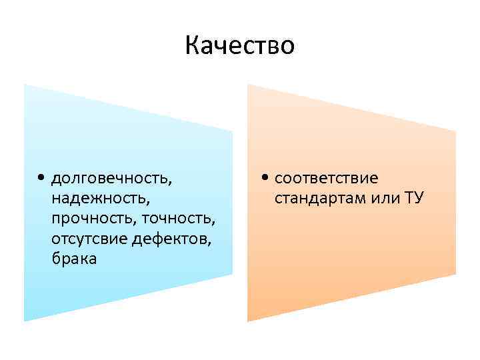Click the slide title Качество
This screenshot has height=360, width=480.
[x=239, y=46]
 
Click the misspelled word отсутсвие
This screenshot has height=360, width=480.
[x=86, y=239]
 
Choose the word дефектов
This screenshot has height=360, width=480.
[x=175, y=239]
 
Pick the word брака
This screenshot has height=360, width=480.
[x=73, y=259]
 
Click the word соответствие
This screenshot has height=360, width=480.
[x=325, y=179]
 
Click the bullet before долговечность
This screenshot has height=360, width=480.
[x=42, y=179]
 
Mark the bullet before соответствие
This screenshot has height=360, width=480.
[x=265, y=179]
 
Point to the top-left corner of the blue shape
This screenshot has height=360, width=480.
[x=25, y=84]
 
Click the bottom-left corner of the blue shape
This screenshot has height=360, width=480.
[x=25, y=321]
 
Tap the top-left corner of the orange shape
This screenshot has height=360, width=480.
[x=248, y=84]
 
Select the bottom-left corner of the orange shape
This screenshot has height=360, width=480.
[x=248, y=321]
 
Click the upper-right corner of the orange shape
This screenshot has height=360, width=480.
[x=456, y=131]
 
